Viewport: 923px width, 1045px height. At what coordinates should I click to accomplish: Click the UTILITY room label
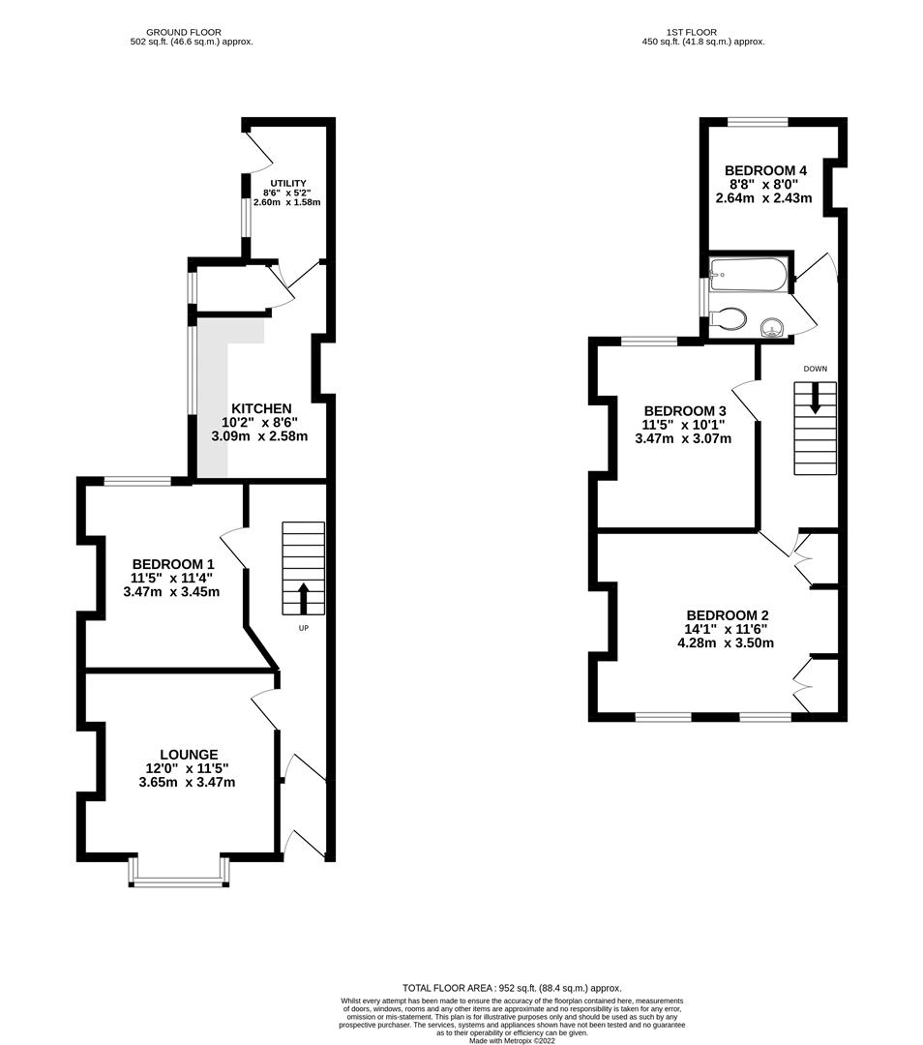[x=288, y=183]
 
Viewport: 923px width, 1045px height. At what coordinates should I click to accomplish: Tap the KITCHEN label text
[x=261, y=408]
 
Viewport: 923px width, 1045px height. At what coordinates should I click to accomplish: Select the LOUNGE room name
[x=189, y=755]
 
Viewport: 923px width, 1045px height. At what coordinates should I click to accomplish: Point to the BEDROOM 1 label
[x=172, y=564]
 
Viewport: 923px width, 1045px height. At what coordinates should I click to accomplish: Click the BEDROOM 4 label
[x=765, y=170]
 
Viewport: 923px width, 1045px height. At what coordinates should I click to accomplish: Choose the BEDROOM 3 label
[x=684, y=411]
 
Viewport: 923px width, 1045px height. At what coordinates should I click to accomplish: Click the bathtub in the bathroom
[x=749, y=275]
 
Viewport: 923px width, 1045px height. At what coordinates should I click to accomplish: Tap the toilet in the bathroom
[x=727, y=318]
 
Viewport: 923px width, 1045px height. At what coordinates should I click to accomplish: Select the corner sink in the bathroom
[x=772, y=328]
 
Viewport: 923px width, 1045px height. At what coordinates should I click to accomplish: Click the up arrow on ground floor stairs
[x=303, y=599]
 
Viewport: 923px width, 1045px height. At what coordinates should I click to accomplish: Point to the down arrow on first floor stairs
[x=815, y=398]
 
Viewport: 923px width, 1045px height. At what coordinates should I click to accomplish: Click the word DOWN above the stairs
[x=815, y=369]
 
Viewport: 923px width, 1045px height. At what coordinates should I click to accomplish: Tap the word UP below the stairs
[x=303, y=628]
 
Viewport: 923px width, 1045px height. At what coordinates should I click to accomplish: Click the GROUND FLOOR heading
[x=183, y=32]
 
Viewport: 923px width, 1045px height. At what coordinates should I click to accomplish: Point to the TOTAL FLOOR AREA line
[x=512, y=988]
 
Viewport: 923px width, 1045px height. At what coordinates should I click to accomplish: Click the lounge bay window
[x=179, y=872]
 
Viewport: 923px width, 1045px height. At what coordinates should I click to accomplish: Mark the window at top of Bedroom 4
[x=757, y=122]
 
